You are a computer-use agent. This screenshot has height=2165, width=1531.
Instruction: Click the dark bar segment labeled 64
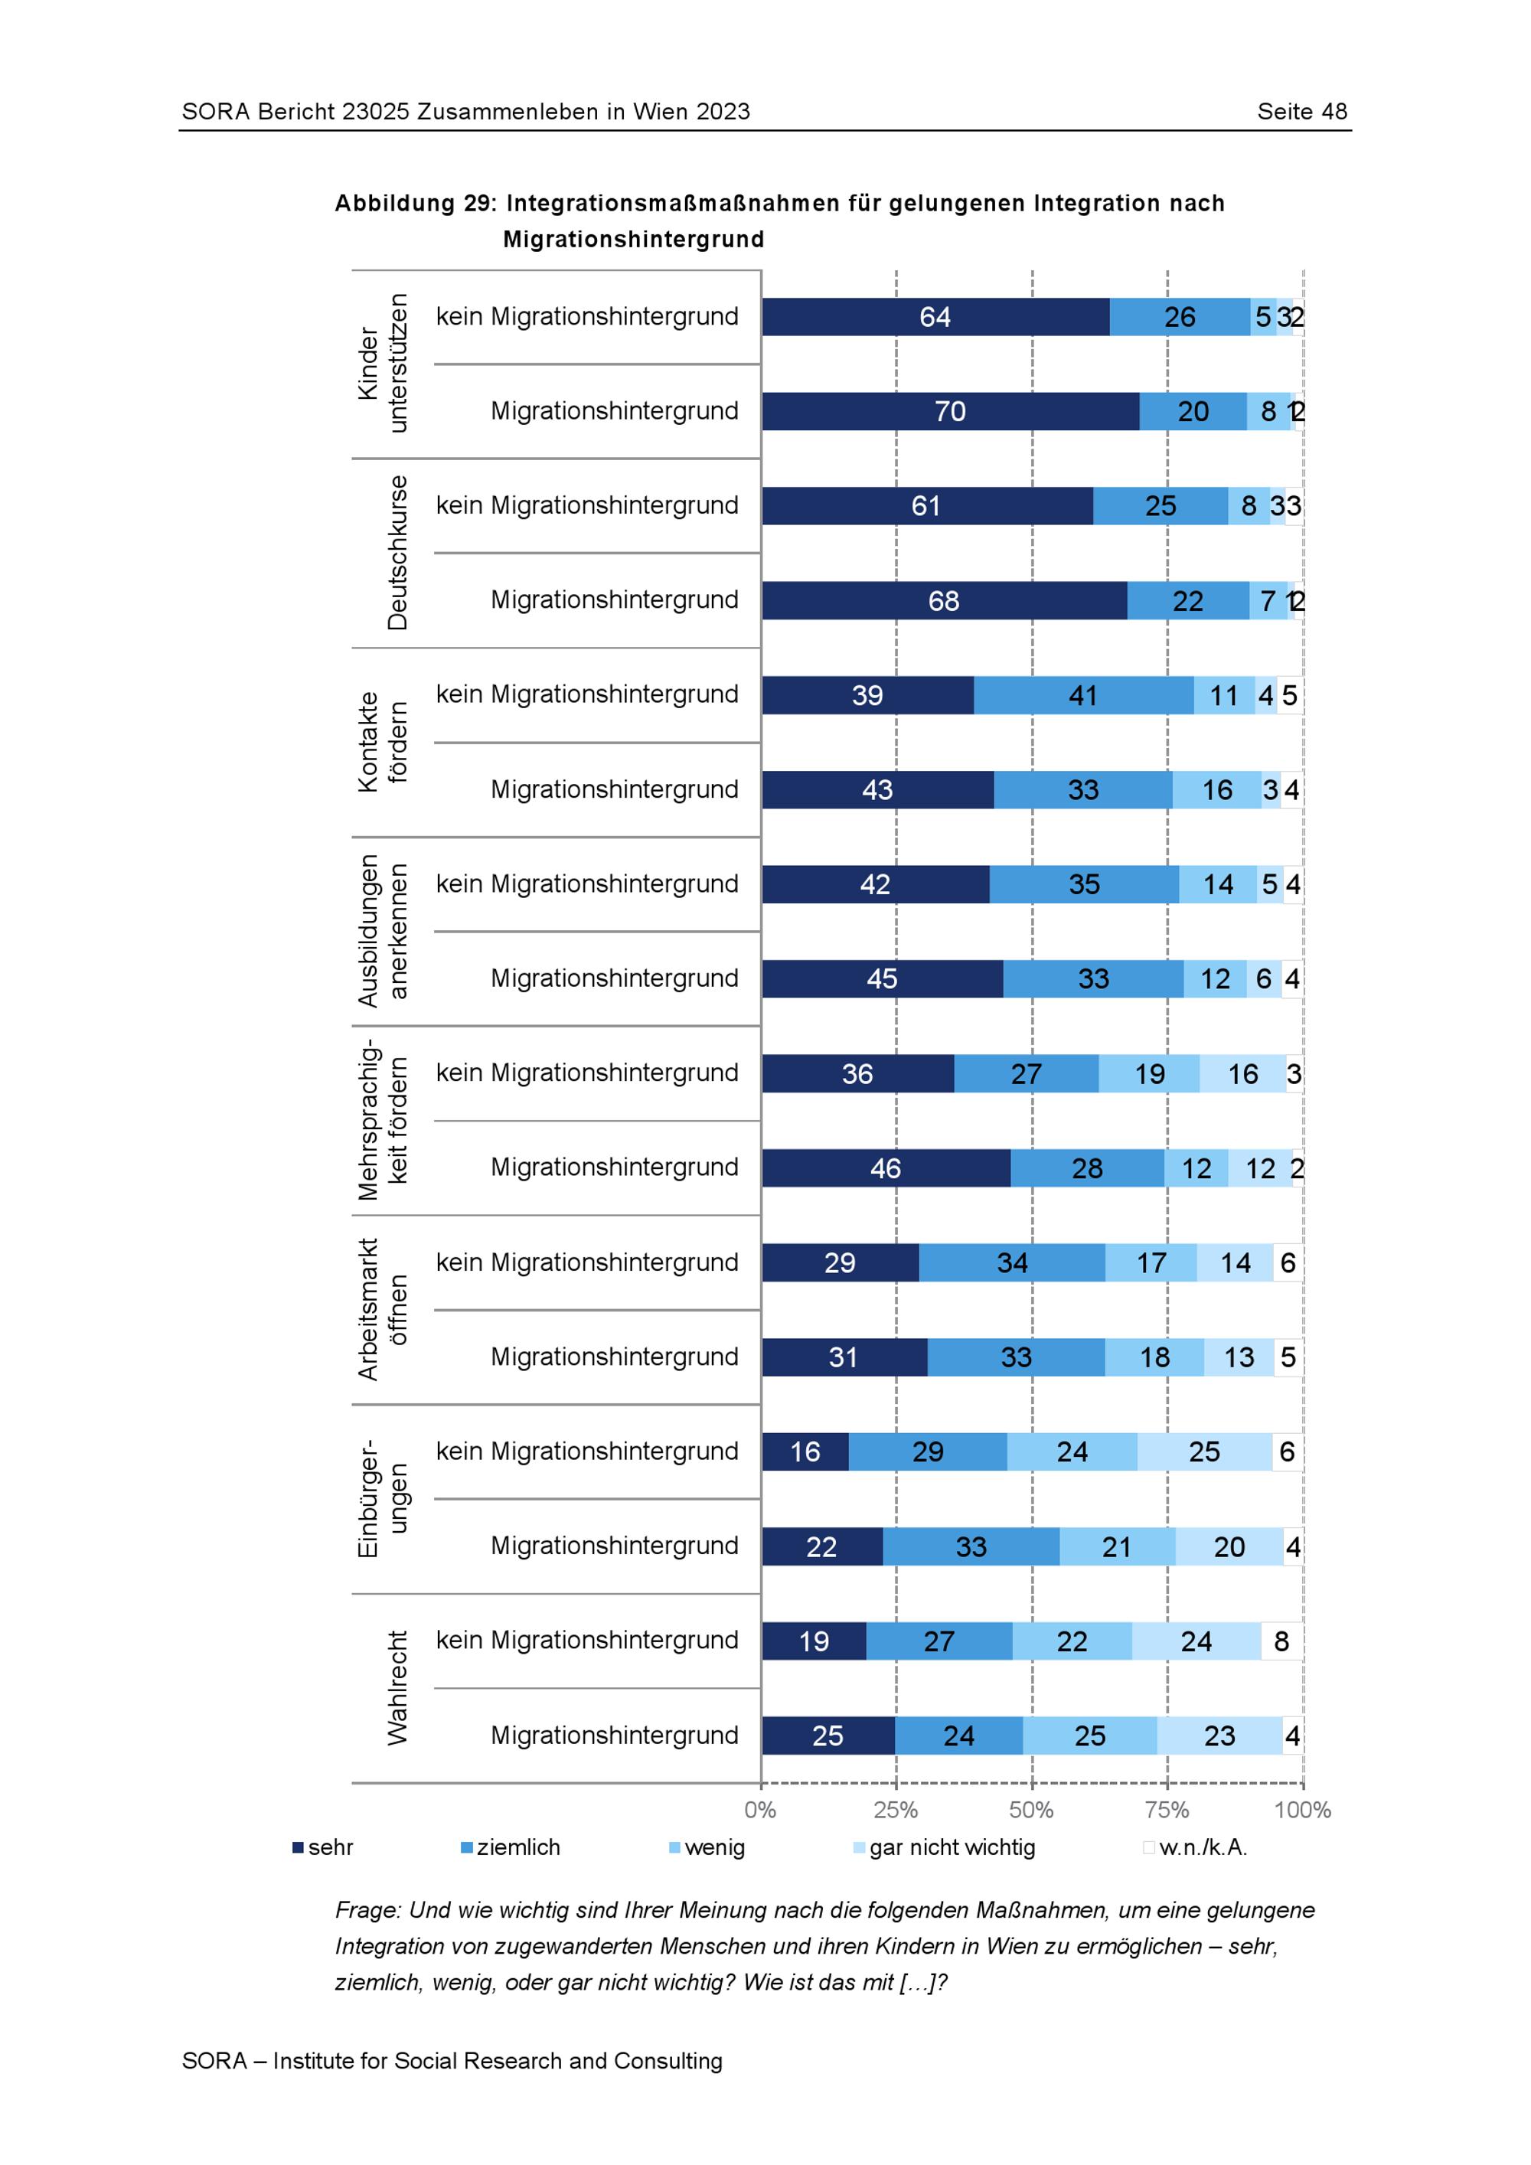point(935,317)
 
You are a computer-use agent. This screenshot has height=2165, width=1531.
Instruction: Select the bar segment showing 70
point(950,411)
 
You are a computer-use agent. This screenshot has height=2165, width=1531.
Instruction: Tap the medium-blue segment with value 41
point(1083,695)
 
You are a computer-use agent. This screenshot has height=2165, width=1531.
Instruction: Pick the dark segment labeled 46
point(885,1168)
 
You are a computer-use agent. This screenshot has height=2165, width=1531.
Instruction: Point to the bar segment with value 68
point(944,601)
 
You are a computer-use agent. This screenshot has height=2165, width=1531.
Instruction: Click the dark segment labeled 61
point(927,506)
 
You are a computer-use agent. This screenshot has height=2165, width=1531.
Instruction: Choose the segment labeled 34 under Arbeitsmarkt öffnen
point(1011,1262)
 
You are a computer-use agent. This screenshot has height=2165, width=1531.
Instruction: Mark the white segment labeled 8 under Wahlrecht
point(1281,1641)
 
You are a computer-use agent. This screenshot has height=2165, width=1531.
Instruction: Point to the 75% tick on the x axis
point(1167,1810)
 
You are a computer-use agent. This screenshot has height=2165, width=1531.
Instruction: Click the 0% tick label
point(760,1810)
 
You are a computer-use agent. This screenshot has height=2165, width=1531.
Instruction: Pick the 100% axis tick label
point(1302,1810)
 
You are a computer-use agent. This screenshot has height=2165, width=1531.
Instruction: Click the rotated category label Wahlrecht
point(397,1688)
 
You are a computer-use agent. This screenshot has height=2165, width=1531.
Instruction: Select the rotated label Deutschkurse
point(397,553)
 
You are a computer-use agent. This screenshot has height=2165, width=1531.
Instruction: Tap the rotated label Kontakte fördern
point(382,742)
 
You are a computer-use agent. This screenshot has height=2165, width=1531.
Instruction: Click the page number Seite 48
point(1302,111)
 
